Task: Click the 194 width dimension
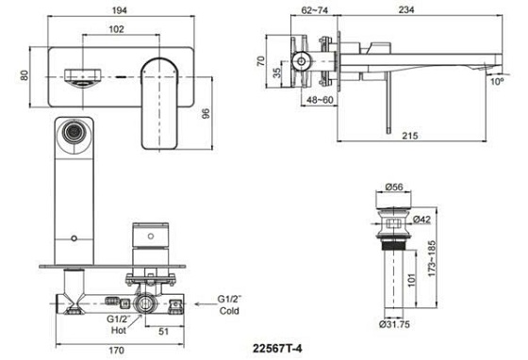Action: [x=120, y=10]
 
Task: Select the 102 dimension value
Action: [x=117, y=29]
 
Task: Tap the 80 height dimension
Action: [x=25, y=75]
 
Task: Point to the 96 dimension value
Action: [x=206, y=113]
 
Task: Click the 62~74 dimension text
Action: [x=315, y=10]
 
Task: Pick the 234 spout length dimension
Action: [x=406, y=10]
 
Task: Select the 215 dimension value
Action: [x=410, y=136]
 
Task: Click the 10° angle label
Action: [x=497, y=81]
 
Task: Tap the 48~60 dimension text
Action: [x=320, y=100]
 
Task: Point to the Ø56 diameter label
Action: [x=394, y=187]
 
